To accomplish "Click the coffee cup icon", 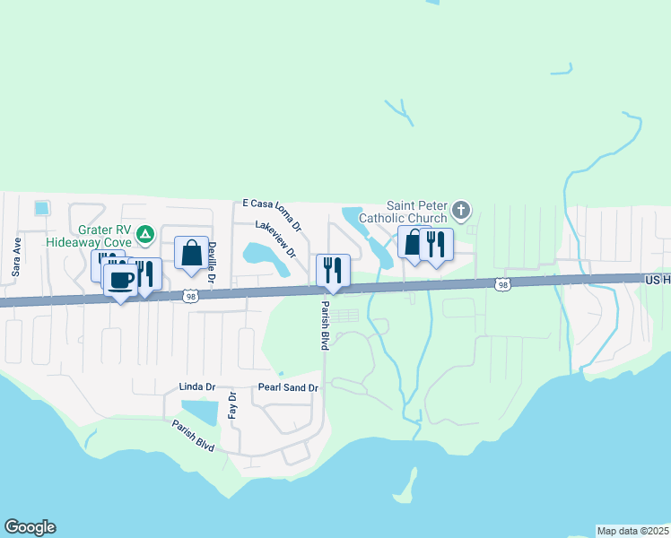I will point(120,279).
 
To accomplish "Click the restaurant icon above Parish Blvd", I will point(332,270).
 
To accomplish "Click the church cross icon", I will point(461,212).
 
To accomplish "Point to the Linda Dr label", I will point(197,387).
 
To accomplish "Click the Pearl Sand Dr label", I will point(288,387).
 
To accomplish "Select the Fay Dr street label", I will point(231,406).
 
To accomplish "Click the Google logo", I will point(30,527).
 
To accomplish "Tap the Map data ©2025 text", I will point(632,531).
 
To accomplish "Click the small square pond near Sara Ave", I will point(40,208).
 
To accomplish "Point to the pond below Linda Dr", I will point(204,412).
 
